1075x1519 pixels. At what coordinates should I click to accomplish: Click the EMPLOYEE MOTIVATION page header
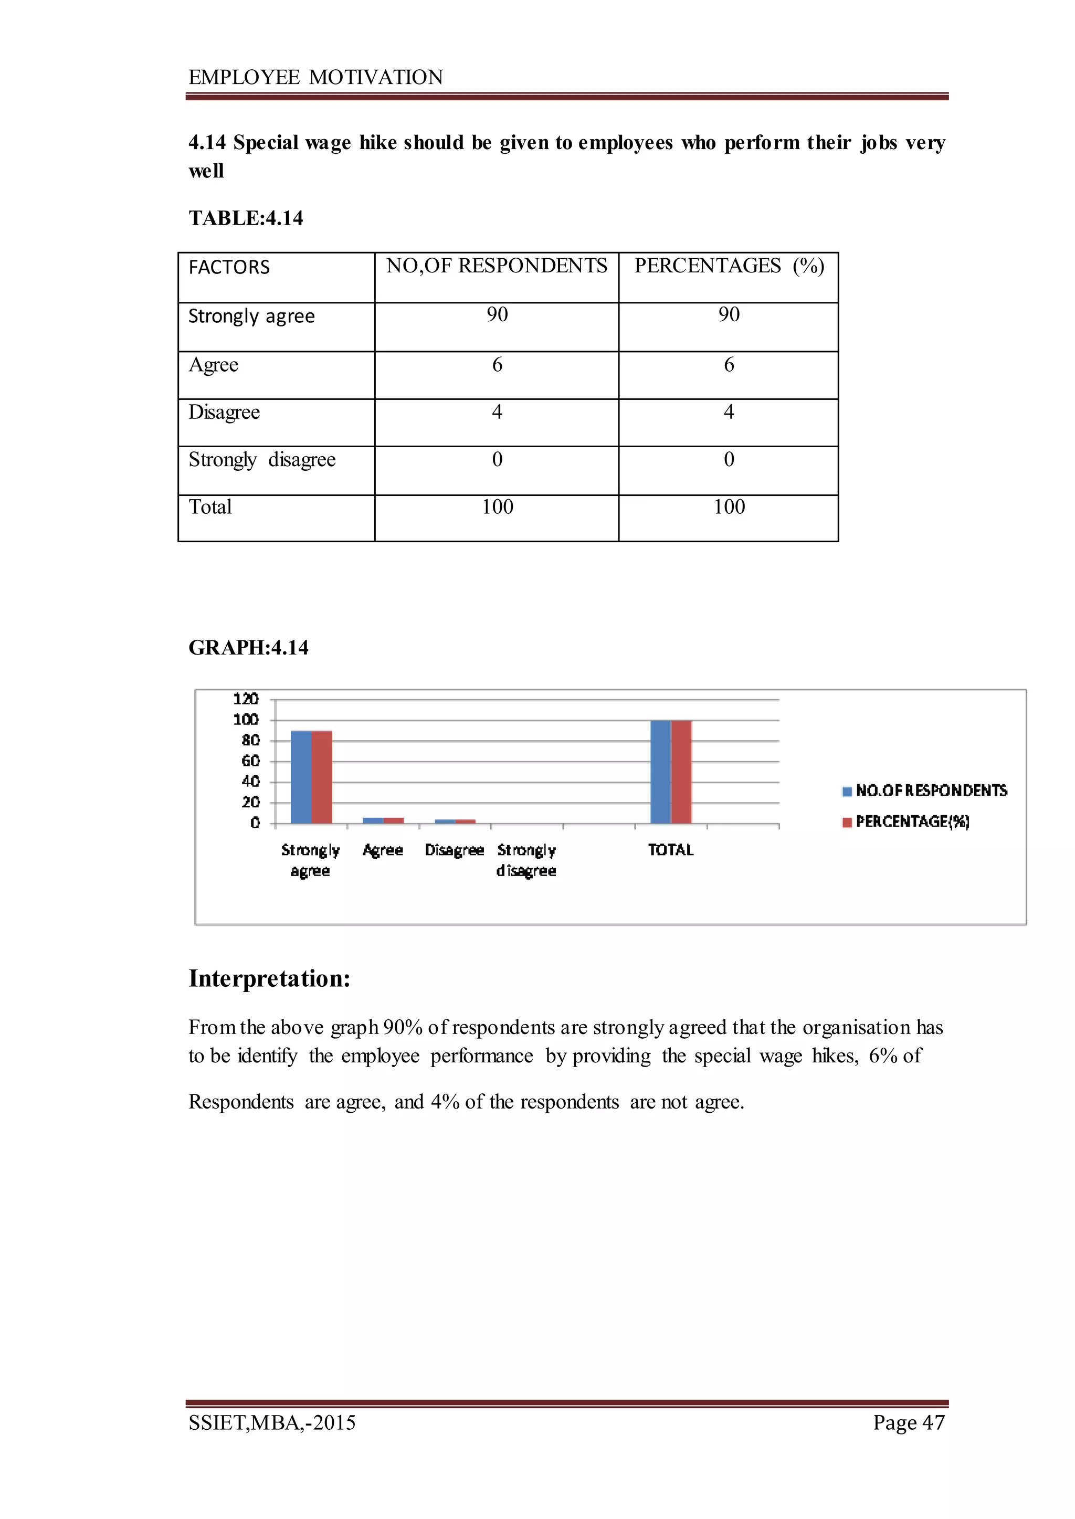[x=316, y=78]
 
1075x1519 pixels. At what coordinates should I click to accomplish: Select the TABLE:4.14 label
[x=246, y=218]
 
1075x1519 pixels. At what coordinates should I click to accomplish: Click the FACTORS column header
[x=229, y=267]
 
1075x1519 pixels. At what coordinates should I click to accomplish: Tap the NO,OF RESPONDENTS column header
[x=497, y=266]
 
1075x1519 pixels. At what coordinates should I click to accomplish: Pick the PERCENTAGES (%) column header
[x=729, y=266]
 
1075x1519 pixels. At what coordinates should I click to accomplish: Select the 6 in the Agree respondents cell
[x=497, y=365]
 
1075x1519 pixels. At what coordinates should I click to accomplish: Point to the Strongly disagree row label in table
[x=262, y=459]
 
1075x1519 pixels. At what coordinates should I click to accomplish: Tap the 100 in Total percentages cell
[x=729, y=507]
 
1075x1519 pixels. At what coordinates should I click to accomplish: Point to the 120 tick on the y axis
[x=246, y=699]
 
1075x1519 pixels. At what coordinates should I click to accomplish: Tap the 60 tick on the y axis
[x=250, y=761]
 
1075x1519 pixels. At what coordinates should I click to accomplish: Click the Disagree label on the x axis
[x=454, y=850]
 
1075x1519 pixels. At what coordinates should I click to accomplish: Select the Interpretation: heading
[x=269, y=978]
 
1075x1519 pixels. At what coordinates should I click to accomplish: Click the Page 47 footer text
[x=908, y=1422]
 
